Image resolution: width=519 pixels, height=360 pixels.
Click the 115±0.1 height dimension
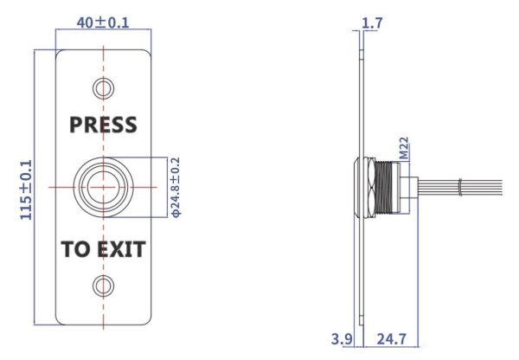(x=27, y=188)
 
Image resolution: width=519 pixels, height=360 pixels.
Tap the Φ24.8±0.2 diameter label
(x=175, y=186)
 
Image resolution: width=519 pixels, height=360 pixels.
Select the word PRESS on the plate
(x=103, y=125)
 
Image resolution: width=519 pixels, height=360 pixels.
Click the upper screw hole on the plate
(x=103, y=87)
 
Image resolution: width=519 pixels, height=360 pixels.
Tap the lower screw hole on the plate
(x=103, y=286)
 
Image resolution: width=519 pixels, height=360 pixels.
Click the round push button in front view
(x=103, y=186)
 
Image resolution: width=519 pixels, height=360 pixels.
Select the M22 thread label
(x=403, y=148)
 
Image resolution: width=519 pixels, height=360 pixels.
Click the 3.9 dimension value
(x=342, y=340)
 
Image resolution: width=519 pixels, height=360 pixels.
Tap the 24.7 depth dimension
(x=391, y=340)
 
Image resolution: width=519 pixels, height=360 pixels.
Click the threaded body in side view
(x=399, y=185)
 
